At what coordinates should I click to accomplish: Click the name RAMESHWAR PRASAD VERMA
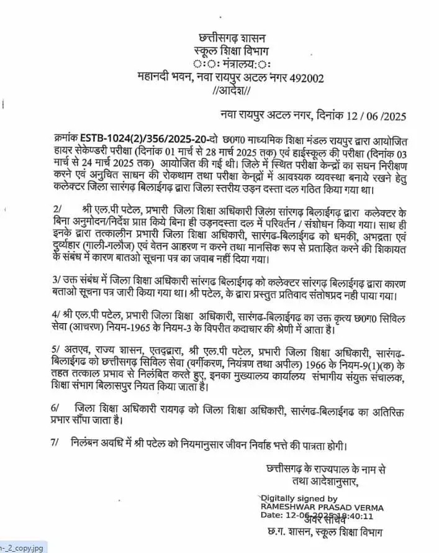(x=322, y=507)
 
